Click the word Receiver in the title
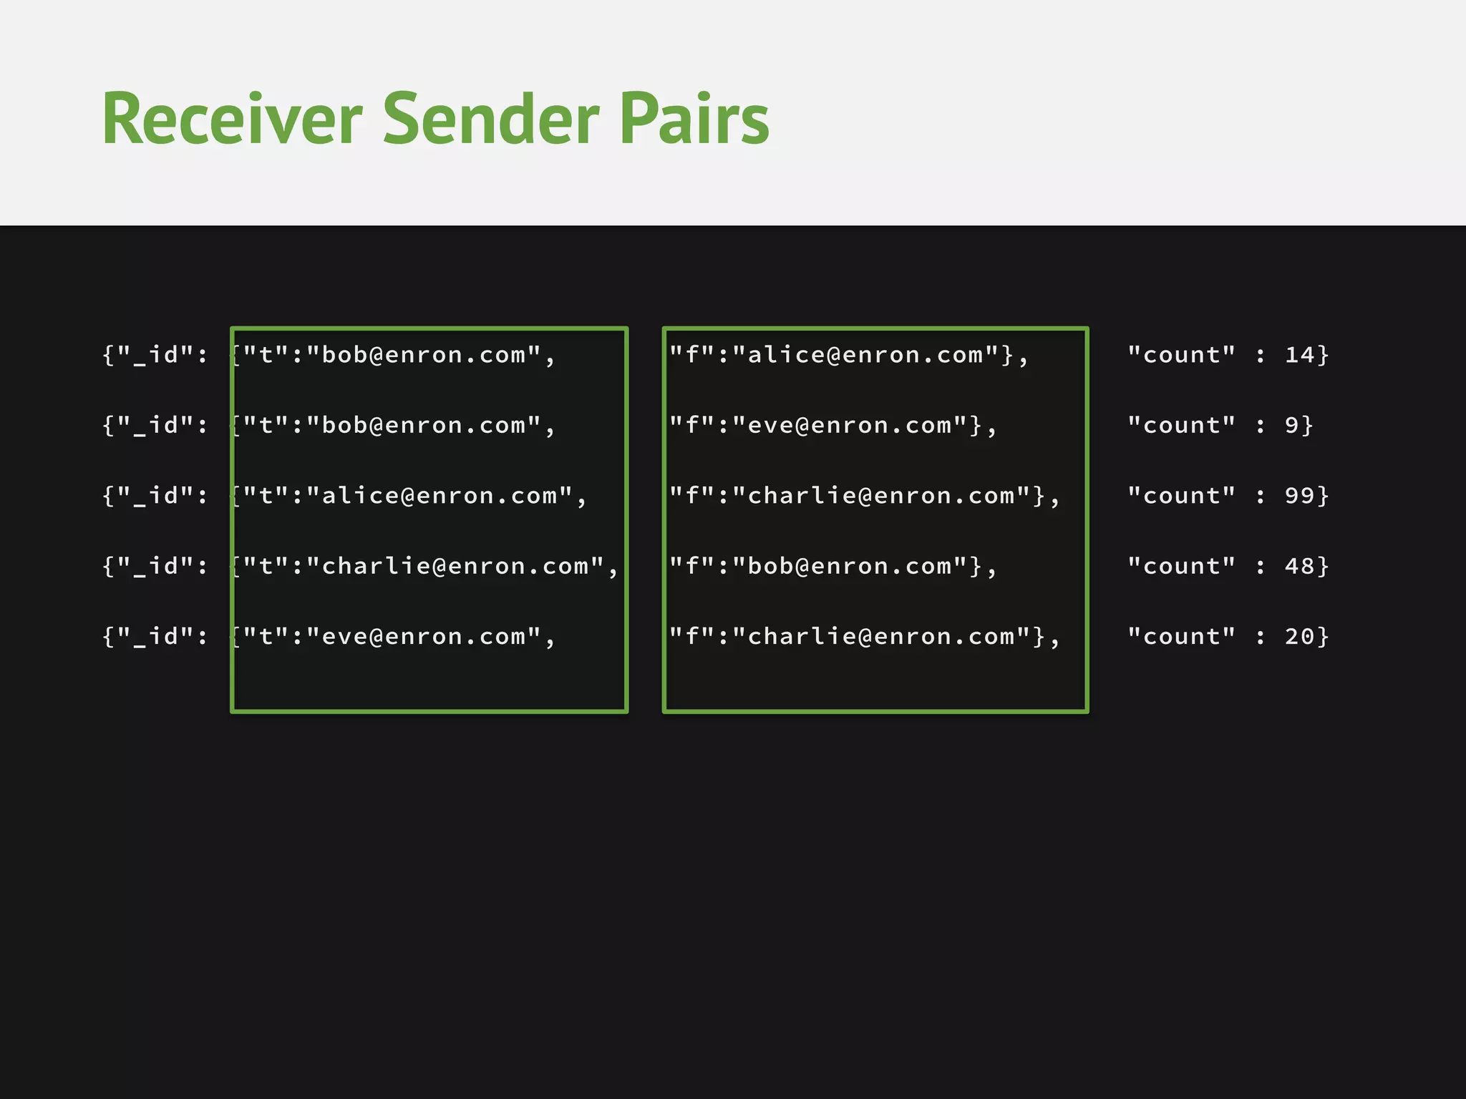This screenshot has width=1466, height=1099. click(x=232, y=119)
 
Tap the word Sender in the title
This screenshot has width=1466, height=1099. click(x=491, y=119)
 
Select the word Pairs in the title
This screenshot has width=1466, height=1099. click(x=694, y=119)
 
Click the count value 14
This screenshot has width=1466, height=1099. click(x=1299, y=355)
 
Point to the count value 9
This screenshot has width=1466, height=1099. click(x=1291, y=426)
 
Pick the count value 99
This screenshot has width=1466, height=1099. click(x=1299, y=496)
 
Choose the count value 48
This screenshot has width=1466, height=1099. click(x=1299, y=567)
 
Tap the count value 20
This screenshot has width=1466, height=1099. click(x=1299, y=637)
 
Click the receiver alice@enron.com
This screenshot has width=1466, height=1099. click(x=439, y=496)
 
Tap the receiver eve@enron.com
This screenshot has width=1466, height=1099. click(x=423, y=637)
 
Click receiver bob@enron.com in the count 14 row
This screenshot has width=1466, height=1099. click(x=423, y=355)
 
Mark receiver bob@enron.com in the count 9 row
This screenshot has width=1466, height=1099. click(x=423, y=426)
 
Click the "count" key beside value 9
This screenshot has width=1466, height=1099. click(x=1181, y=426)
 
